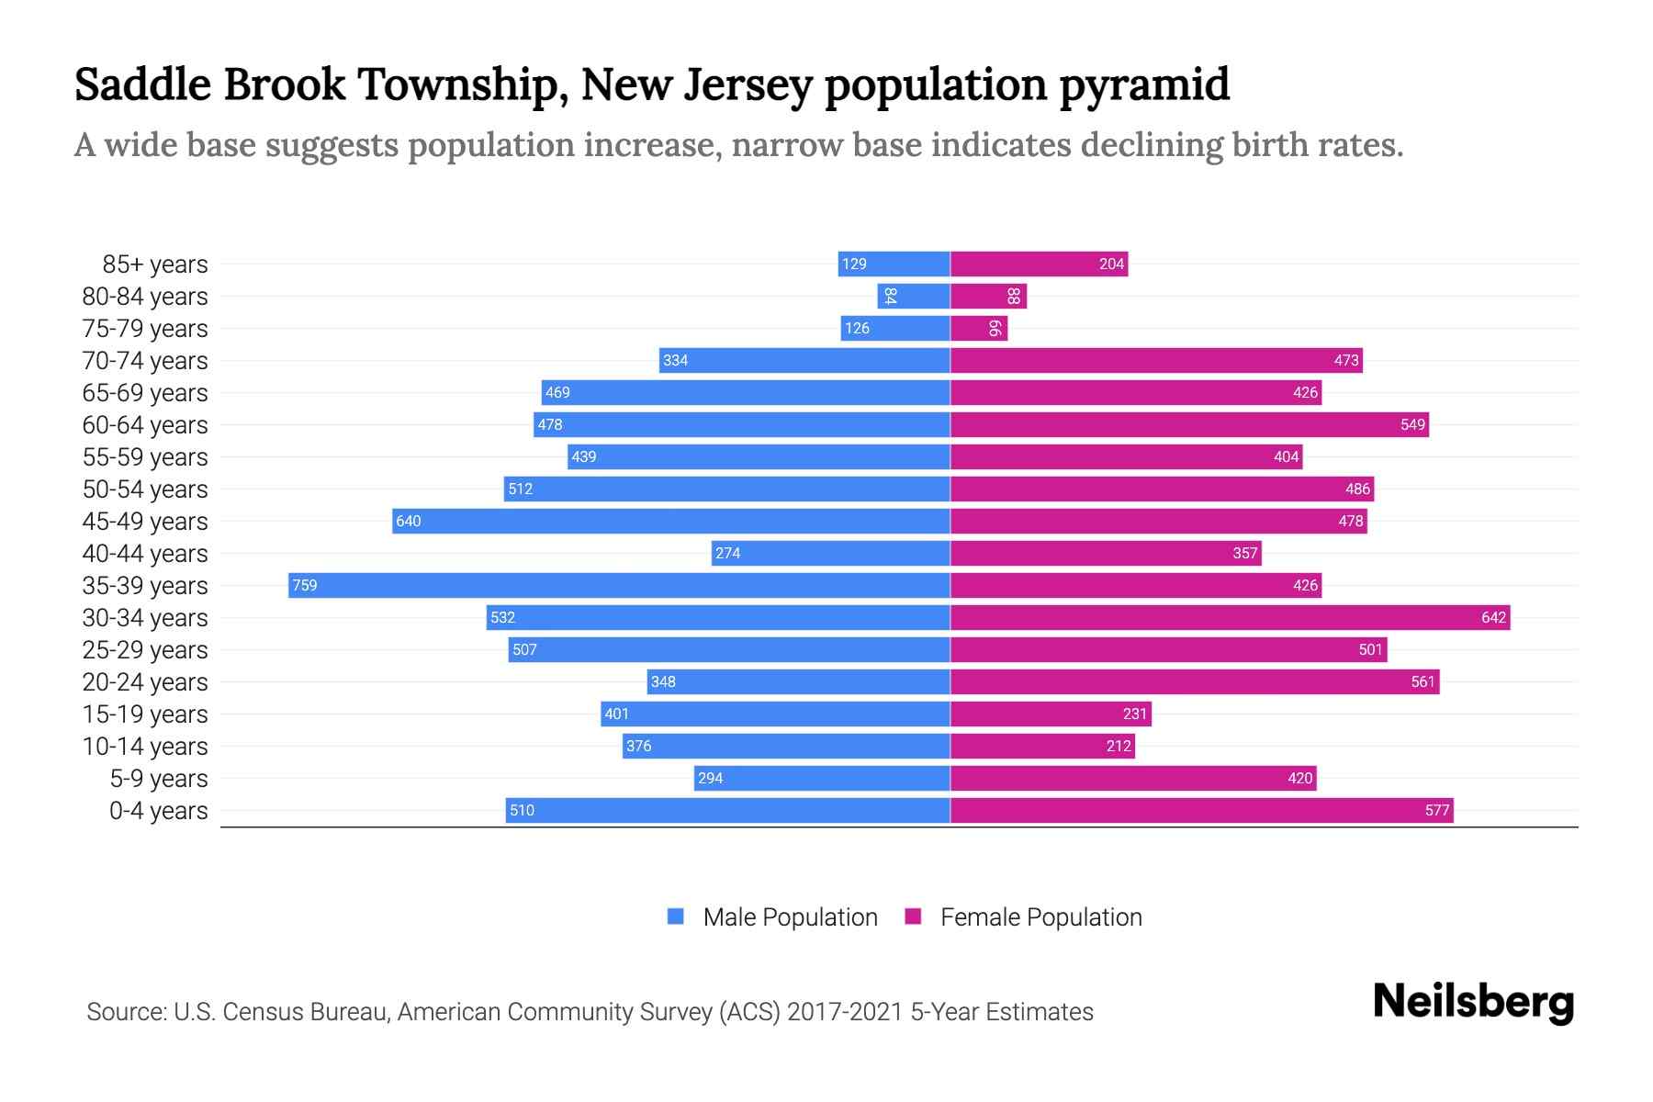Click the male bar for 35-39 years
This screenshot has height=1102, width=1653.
point(619,586)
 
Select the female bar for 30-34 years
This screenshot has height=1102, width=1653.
point(1230,618)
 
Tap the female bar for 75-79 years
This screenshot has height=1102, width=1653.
point(979,329)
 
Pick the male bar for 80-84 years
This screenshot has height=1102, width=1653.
point(914,297)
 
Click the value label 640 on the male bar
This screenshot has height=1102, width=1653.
point(409,522)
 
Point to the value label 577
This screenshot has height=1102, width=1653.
point(1437,811)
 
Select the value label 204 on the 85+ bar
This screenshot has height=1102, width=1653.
point(1111,264)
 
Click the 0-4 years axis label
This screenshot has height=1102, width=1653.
point(159,811)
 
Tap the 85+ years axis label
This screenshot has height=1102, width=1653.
point(155,264)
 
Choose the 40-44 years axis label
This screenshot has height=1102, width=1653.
point(145,554)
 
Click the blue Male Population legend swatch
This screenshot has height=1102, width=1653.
point(676,916)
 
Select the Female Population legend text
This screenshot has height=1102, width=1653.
point(1040,917)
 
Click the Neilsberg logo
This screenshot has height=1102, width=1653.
point(1473,1002)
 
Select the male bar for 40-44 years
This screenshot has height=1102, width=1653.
point(830,554)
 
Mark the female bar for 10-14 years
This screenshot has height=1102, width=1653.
point(1042,747)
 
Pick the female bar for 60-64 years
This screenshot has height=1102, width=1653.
point(1189,425)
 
